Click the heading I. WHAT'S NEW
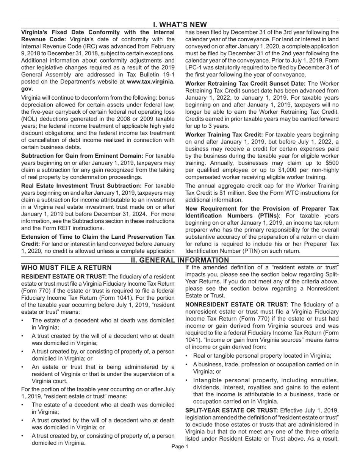(x=180, y=25)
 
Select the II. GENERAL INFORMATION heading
(x=180, y=260)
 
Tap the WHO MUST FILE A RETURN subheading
(x=66, y=268)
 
